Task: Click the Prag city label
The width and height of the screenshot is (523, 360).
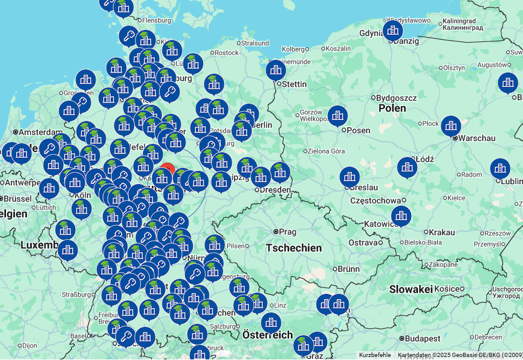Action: tap(287, 232)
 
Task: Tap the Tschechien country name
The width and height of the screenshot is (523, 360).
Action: tap(293, 248)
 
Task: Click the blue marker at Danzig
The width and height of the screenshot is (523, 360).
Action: tap(393, 30)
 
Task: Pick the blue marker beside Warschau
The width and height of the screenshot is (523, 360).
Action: tap(451, 126)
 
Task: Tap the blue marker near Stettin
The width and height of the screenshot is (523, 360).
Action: tap(276, 70)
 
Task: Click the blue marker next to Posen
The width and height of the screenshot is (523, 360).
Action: tap(338, 116)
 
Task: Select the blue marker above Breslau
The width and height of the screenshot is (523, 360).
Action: tap(350, 177)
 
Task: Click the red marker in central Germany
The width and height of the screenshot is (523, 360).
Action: tap(168, 169)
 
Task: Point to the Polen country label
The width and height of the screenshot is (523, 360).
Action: tap(392, 109)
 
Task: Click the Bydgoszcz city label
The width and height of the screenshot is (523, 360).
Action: tap(396, 97)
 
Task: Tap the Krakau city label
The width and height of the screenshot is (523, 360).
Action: tap(442, 232)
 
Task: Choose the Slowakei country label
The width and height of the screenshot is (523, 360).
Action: tap(411, 289)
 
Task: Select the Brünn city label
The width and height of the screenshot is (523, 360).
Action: tap(348, 269)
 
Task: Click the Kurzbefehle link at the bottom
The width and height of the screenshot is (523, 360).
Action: tap(375, 355)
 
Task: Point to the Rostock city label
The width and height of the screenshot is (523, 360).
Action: tap(226, 53)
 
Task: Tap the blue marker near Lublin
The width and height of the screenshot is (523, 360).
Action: tap(500, 169)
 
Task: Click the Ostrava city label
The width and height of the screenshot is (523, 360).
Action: tap(363, 242)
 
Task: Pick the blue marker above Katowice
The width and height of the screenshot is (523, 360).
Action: tap(401, 216)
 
